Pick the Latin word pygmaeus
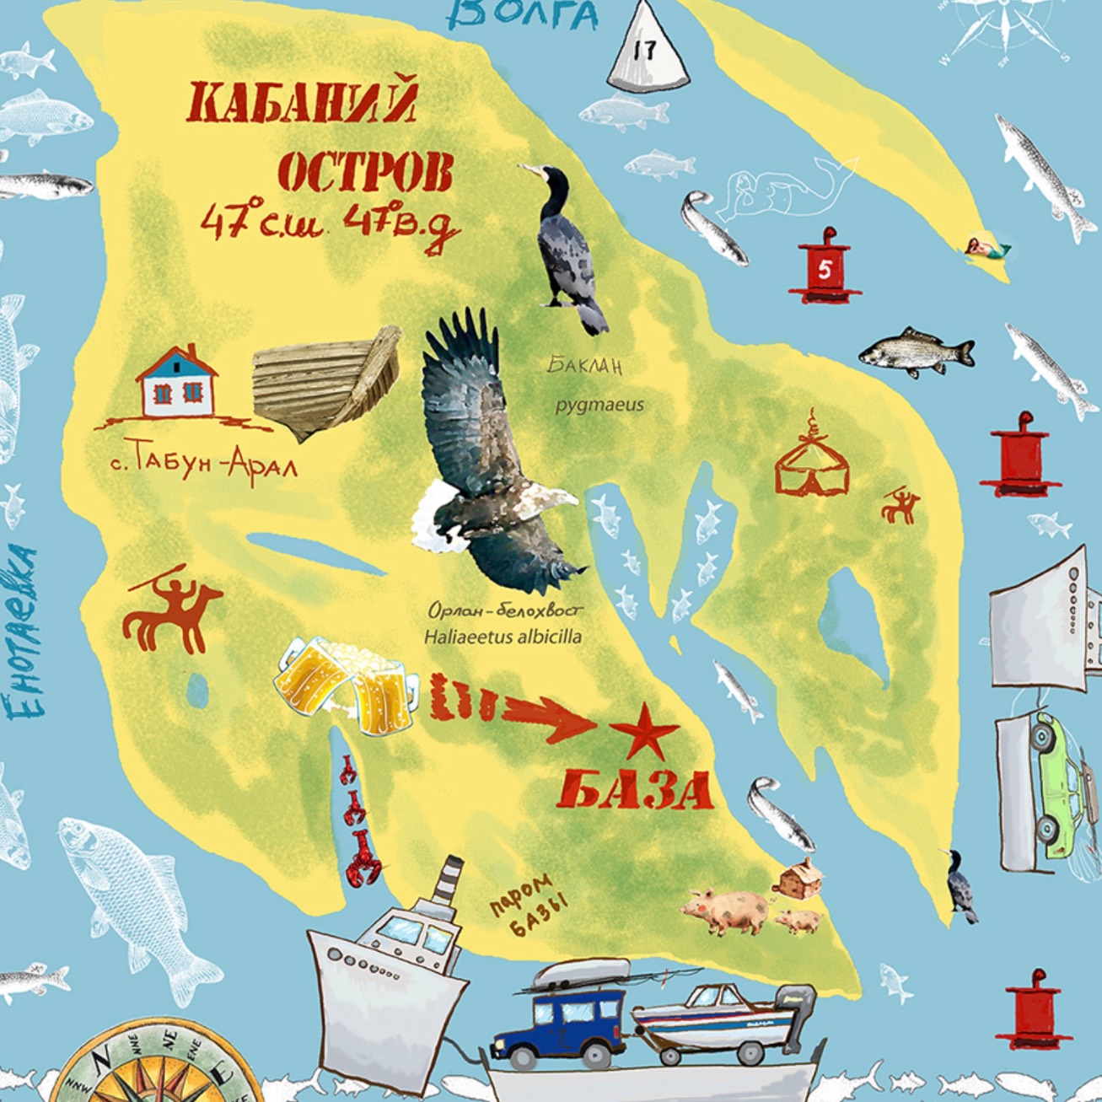click(599, 405)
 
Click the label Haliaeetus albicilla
click(503, 637)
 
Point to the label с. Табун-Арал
click(204, 463)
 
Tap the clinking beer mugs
click(346, 683)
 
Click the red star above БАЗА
click(643, 730)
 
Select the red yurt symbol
click(811, 460)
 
